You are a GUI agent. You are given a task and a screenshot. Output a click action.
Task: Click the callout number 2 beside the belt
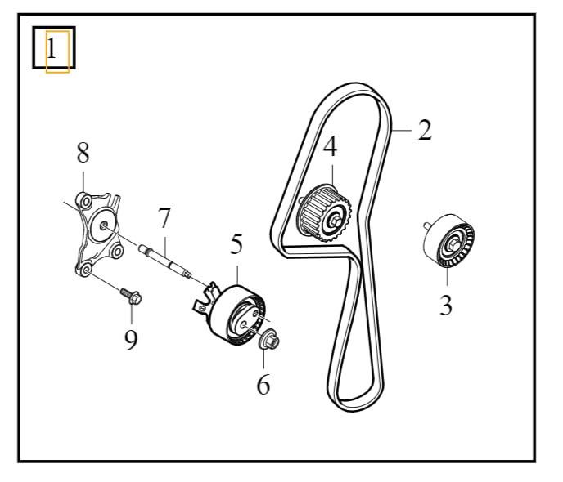(x=425, y=130)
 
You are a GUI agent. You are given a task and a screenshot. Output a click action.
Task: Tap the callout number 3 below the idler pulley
(x=446, y=305)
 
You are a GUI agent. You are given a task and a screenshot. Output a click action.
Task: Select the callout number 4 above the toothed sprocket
(x=331, y=146)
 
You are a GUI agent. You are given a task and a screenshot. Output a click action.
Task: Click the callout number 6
(x=263, y=384)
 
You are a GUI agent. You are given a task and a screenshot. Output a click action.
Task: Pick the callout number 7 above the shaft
(x=164, y=217)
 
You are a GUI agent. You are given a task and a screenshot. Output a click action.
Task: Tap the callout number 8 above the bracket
(x=83, y=153)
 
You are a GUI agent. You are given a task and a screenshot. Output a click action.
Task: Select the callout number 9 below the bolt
(x=131, y=340)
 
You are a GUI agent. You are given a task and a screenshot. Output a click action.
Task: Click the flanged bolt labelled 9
(x=132, y=296)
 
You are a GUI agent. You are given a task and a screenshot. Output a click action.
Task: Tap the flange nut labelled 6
(x=269, y=339)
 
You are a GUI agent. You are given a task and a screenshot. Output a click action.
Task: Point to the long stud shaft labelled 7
(x=165, y=260)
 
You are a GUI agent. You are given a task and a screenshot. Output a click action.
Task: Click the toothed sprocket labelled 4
(x=326, y=213)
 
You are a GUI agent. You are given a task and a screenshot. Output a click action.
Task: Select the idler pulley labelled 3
(x=448, y=240)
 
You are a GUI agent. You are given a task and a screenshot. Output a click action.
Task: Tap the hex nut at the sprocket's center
(x=336, y=222)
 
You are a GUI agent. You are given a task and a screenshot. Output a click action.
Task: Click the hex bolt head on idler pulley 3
(x=452, y=246)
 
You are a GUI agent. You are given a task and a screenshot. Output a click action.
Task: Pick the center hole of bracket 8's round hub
(x=103, y=225)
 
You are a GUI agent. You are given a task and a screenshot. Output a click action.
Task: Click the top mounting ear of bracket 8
(x=84, y=200)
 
